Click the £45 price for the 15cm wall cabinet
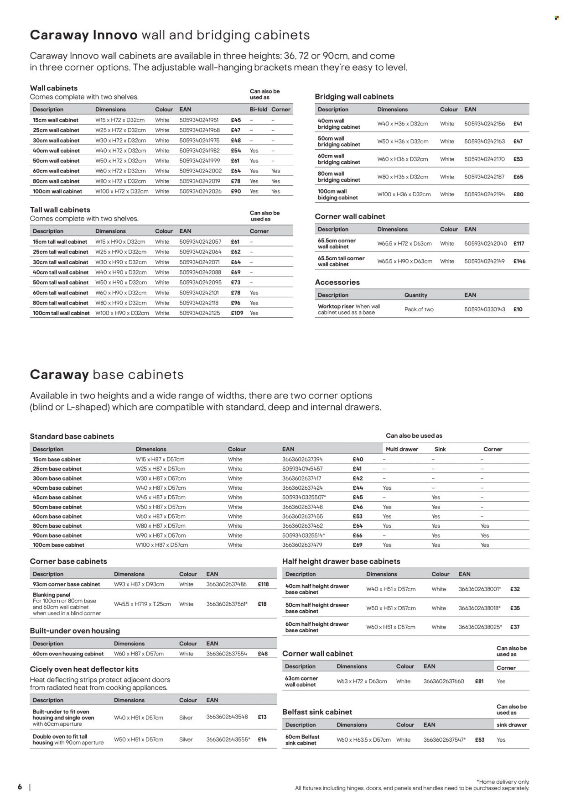[236, 120]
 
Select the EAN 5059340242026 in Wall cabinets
[200, 191]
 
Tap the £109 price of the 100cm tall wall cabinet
[237, 313]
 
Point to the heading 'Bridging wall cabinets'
[354, 97]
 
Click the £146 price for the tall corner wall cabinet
[519, 262]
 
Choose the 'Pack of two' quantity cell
[419, 309]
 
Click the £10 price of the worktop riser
[518, 309]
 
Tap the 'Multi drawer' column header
[402, 449]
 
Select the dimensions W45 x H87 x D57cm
[161, 498]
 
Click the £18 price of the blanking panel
[262, 604]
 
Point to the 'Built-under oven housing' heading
[75, 631]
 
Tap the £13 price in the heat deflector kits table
[262, 717]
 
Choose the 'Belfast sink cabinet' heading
[317, 712]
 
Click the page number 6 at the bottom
[20, 787]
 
